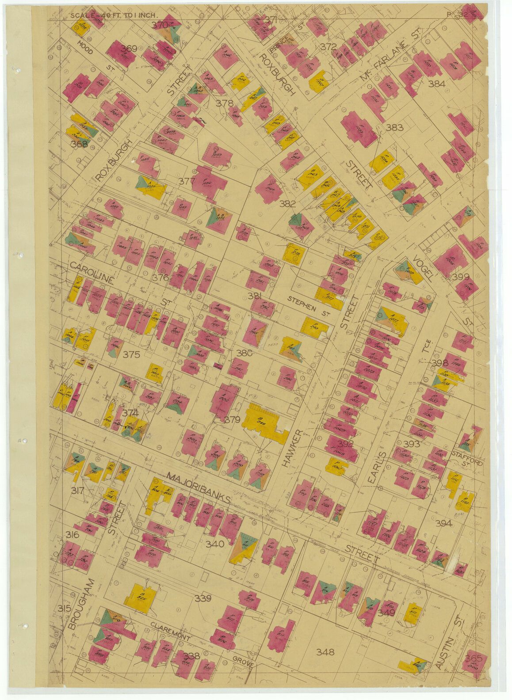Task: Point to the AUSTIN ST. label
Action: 448,644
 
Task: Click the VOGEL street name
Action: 422,268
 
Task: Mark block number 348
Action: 325,651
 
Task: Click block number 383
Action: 394,128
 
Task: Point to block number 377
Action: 187,181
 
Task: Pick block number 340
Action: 214,544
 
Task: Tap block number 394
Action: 443,523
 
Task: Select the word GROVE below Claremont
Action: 244,664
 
